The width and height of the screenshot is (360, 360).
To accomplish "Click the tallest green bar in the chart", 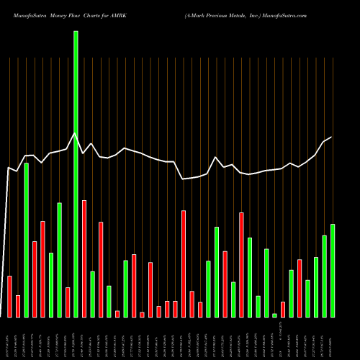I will (76, 173).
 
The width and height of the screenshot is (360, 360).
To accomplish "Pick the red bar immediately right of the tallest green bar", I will (84, 258).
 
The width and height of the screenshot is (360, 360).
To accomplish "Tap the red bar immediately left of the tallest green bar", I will (68, 302).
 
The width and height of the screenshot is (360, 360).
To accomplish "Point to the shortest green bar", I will (274, 315).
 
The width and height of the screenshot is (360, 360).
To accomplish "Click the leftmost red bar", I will (10, 296).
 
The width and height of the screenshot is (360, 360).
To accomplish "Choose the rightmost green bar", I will (332, 270).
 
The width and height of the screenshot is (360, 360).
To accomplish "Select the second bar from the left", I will (18, 306).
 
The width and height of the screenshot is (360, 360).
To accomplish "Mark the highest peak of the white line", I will (75, 133).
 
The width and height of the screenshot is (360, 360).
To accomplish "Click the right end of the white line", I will (332, 137).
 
